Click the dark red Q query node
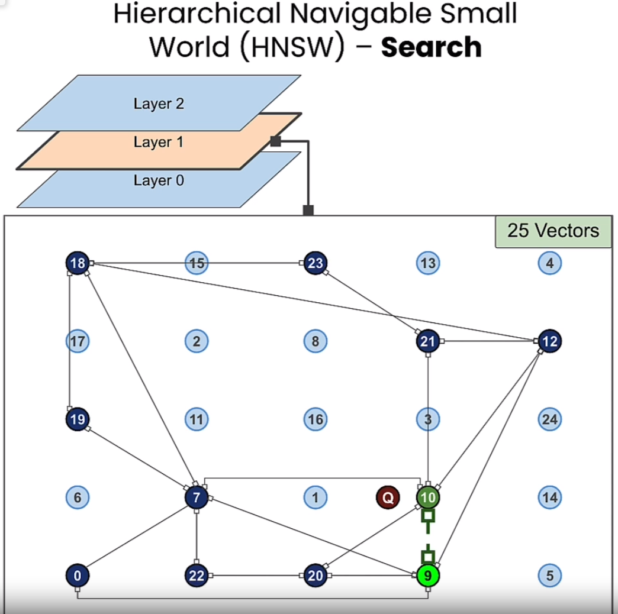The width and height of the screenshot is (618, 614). coord(388,497)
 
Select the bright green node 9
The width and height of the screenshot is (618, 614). coord(428,575)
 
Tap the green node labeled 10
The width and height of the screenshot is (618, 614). coord(428,497)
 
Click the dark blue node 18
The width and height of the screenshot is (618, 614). coord(78,263)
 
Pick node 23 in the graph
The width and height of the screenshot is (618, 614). coord(316,263)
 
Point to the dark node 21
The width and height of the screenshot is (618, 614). coord(428,341)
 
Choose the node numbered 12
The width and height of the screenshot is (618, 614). coord(550,341)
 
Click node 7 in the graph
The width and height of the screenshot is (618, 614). coord(197,497)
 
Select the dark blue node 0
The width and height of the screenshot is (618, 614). coord(78,575)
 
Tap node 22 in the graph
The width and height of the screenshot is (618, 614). coord(197,575)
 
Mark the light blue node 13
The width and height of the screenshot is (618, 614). coord(428,263)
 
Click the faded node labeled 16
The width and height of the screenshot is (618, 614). coord(316,419)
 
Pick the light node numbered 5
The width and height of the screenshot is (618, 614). coord(550,575)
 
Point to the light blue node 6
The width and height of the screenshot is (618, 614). coord(78,497)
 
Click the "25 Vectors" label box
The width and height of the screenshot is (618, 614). coord(553,231)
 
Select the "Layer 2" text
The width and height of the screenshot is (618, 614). coord(159,104)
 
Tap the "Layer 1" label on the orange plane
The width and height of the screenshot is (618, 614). coord(159,142)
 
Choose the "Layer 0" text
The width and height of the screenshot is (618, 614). coord(159,180)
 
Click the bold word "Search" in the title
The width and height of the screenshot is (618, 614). coord(431,47)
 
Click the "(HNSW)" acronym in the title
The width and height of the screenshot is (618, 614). coord(293,47)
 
